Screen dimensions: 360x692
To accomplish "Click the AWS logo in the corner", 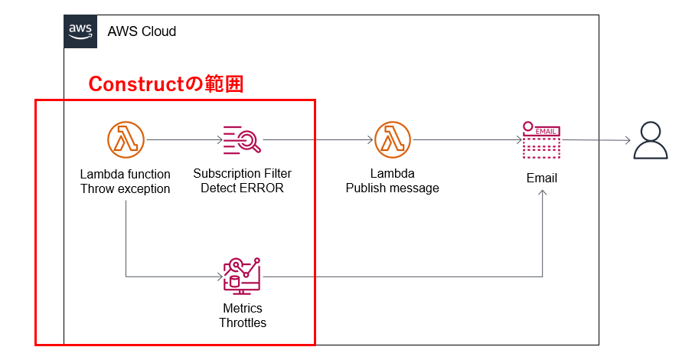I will [x=80, y=31].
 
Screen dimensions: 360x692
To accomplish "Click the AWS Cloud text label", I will [x=142, y=31].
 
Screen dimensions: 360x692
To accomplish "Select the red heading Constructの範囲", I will [x=166, y=83].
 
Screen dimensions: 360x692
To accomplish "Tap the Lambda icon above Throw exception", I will [x=126, y=140].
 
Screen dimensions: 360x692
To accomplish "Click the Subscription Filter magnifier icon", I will [x=242, y=140].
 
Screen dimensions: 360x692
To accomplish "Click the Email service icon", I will [x=542, y=140].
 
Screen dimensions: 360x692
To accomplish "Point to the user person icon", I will [x=651, y=140].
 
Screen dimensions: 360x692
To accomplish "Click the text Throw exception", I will [x=126, y=188].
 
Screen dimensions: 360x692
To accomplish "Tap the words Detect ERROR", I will [x=242, y=188].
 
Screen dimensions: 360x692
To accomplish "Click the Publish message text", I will [x=393, y=188].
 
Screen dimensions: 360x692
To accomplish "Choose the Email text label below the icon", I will [x=542, y=178].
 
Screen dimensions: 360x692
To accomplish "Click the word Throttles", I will [x=243, y=322].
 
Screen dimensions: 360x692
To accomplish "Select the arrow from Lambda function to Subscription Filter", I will [x=184, y=140].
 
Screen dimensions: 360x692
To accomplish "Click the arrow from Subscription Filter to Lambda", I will [x=318, y=140].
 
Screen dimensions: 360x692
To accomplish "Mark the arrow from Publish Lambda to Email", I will [x=467, y=140].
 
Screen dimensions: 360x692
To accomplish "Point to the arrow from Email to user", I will [x=597, y=140].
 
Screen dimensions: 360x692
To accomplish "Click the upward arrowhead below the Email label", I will [x=543, y=195].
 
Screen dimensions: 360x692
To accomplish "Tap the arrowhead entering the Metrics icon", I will [x=219, y=277].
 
